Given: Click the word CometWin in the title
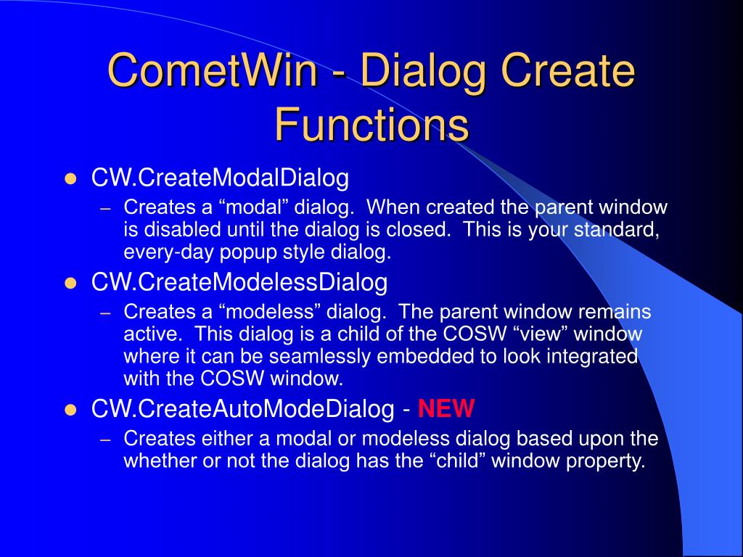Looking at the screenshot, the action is point(213,70).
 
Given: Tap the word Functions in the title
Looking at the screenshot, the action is point(372,125).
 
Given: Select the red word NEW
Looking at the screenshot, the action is point(446,408).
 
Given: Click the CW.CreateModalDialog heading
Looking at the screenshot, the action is point(220,178).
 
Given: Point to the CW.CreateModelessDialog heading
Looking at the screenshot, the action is point(239,282).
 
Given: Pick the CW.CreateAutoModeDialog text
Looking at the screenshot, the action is point(242,409).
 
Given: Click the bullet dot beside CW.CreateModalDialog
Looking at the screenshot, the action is point(70,180).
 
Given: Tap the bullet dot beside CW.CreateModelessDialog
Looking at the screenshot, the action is point(70,284).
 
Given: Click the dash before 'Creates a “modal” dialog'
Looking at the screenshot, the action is point(106,209).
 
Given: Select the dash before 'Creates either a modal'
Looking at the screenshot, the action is point(106,440).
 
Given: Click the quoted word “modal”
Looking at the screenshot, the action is point(253,207).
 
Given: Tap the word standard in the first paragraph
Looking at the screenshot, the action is point(617,230).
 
